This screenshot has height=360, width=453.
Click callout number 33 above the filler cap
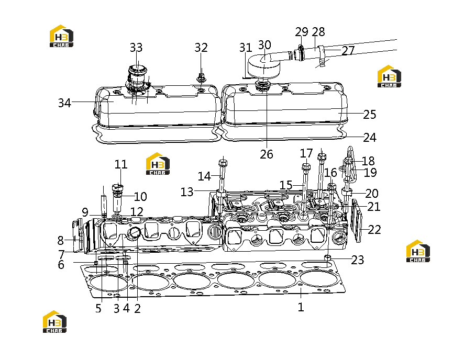[136, 48]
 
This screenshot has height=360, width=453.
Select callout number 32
[201, 48]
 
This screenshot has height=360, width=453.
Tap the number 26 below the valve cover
[267, 154]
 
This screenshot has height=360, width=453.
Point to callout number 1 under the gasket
[301, 307]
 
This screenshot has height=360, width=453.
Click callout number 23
[357, 260]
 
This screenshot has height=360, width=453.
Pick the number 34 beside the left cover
[64, 103]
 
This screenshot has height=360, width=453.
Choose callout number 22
[374, 230]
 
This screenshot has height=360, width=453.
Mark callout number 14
[204, 176]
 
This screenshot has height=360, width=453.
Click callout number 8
[60, 240]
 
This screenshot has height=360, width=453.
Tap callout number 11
[121, 164]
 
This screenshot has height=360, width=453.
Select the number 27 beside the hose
[348, 51]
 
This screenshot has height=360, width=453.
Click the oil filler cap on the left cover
[137, 78]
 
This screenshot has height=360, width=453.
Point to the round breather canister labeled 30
[264, 66]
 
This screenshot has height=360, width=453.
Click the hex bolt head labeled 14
[223, 163]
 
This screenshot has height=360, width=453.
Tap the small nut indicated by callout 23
[328, 257]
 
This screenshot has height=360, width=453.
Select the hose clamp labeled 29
[301, 52]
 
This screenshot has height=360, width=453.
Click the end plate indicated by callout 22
[357, 220]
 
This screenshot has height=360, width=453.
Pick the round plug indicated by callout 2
[135, 233]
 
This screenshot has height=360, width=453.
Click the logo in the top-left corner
[62, 36]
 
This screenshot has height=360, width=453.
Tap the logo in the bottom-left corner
[54, 322]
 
